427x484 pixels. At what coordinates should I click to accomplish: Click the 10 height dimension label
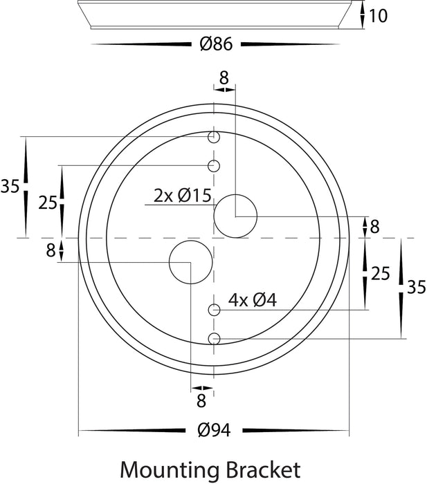point(378,16)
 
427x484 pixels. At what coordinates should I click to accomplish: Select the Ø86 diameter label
point(216,44)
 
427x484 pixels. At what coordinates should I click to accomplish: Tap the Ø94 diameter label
point(214,430)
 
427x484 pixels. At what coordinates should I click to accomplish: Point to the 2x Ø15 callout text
point(182,196)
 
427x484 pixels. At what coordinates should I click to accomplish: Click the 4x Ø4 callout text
point(253,300)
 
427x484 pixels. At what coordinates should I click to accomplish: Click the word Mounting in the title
point(170,470)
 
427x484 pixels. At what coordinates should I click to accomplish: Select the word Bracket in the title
point(263,469)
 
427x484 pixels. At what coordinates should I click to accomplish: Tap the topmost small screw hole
point(214,137)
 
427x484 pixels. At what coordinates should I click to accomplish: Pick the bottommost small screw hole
point(214,339)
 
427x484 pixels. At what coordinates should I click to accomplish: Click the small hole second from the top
point(214,166)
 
